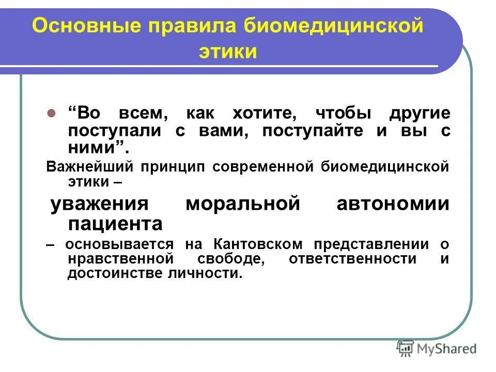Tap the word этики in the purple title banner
tap(227, 52)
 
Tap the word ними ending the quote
tap(94, 148)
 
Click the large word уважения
tap(99, 204)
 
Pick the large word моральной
tap(242, 204)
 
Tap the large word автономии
tap(393, 204)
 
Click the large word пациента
tap(115, 224)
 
